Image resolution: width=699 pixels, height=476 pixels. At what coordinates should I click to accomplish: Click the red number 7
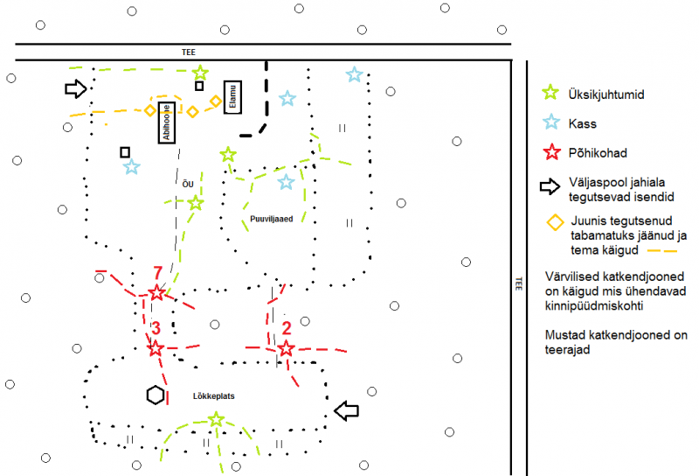pyautogui.click(x=158, y=272)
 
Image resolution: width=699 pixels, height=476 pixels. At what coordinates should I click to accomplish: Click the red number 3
pyautogui.click(x=156, y=328)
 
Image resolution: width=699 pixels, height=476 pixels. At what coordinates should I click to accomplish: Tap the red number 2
pyautogui.click(x=287, y=328)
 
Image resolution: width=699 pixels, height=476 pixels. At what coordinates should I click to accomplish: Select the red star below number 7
pyautogui.click(x=156, y=293)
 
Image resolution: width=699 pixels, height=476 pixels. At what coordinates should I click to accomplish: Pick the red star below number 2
pyautogui.click(x=286, y=348)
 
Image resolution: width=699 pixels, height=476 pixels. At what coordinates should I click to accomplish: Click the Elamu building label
pyautogui.click(x=232, y=97)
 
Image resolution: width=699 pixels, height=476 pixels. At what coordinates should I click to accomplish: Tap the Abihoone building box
pyautogui.click(x=167, y=122)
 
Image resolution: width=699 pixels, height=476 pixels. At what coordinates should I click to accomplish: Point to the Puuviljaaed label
pyautogui.click(x=272, y=219)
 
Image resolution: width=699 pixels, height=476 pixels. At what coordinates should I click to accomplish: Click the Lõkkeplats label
pyautogui.click(x=213, y=396)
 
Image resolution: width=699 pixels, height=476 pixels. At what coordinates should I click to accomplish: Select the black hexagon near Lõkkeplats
pyautogui.click(x=156, y=395)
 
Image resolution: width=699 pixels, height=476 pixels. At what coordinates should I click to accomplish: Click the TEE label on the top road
pyautogui.click(x=189, y=52)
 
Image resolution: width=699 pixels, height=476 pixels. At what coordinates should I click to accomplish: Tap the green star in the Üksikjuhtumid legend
pyautogui.click(x=550, y=93)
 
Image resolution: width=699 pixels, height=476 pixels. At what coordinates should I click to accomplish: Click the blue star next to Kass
pyautogui.click(x=551, y=122)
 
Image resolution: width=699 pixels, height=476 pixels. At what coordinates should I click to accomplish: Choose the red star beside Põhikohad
pyautogui.click(x=552, y=152)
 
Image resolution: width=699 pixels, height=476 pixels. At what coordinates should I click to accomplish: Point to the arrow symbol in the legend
pyautogui.click(x=550, y=186)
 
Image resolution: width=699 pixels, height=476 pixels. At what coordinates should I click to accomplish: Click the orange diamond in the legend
pyautogui.click(x=556, y=222)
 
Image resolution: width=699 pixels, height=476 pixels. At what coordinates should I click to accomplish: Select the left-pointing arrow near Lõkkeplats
pyautogui.click(x=346, y=410)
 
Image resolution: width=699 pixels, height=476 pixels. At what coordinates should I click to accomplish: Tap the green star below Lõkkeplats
pyautogui.click(x=216, y=419)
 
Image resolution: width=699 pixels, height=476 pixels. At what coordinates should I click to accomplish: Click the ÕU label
pyautogui.click(x=188, y=184)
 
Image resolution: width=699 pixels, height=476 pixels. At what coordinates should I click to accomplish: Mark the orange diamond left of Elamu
pyautogui.click(x=216, y=101)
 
